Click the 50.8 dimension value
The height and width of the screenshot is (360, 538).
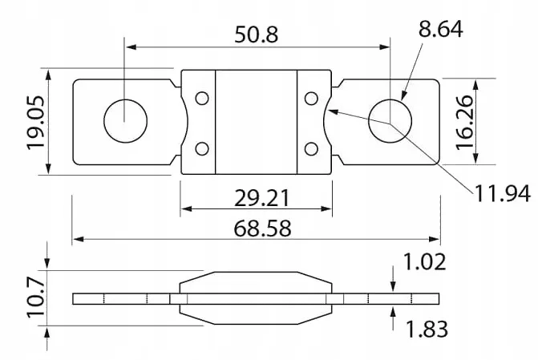256,34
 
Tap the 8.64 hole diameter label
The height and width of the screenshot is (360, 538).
440,29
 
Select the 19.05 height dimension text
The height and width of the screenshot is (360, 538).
36,123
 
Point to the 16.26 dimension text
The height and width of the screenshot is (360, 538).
464,122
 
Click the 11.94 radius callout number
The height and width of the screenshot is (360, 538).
503,193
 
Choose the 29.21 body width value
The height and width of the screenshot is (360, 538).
262,198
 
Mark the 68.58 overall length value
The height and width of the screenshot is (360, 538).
262,229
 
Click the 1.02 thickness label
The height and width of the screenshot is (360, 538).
424,261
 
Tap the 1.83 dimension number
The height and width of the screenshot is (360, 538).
427,329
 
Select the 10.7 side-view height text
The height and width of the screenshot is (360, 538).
36,298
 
